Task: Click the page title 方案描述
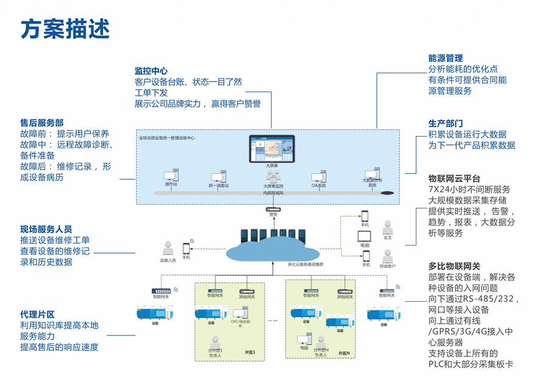pyautogui.click(x=65, y=28)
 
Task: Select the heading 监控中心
pyautogui.click(x=151, y=71)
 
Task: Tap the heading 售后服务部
pyautogui.click(x=42, y=123)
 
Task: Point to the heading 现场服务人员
pyautogui.click(x=46, y=229)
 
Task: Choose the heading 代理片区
pyautogui.click(x=38, y=315)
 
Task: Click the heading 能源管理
pyautogui.click(x=445, y=59)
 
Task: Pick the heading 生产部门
pyautogui.click(x=445, y=124)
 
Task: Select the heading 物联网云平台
pyautogui.click(x=454, y=179)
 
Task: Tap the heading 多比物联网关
pyautogui.click(x=454, y=267)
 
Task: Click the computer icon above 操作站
pyautogui.click(x=171, y=176)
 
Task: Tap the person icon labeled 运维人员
pyautogui.click(x=167, y=248)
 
